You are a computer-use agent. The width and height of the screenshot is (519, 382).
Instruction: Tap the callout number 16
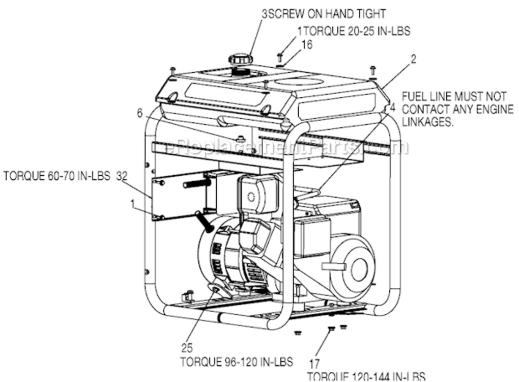click(307, 44)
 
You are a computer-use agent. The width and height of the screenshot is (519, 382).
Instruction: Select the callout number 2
click(413, 59)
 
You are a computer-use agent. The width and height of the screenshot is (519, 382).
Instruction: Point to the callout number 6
click(140, 114)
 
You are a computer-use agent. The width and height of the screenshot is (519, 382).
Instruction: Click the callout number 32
click(121, 176)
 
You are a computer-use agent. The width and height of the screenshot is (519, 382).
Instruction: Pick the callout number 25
click(186, 349)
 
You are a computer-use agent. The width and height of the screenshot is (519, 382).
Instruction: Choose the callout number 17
click(314, 364)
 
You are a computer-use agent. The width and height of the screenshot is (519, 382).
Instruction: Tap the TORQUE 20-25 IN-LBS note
click(356, 31)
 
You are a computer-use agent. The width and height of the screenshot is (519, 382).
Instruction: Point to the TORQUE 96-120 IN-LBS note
click(237, 362)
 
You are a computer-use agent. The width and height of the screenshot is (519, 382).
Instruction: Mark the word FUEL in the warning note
click(413, 96)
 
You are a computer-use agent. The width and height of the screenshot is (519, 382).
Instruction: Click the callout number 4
click(392, 107)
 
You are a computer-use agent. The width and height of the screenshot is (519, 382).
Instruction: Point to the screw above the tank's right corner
click(372, 70)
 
